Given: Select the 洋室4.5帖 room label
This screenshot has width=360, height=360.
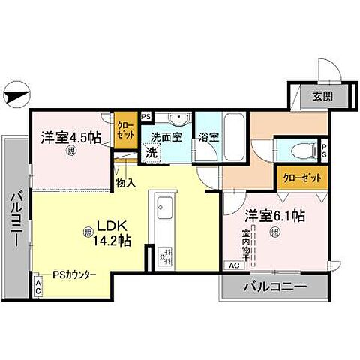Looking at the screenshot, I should click(x=71, y=139).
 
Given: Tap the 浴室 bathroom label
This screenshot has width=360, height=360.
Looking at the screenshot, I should click(x=208, y=138).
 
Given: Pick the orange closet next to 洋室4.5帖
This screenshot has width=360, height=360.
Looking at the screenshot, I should click(x=124, y=128).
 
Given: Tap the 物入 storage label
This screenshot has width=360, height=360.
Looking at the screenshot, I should click(x=125, y=182).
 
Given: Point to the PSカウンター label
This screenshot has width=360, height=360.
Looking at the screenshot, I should click(x=75, y=275).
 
